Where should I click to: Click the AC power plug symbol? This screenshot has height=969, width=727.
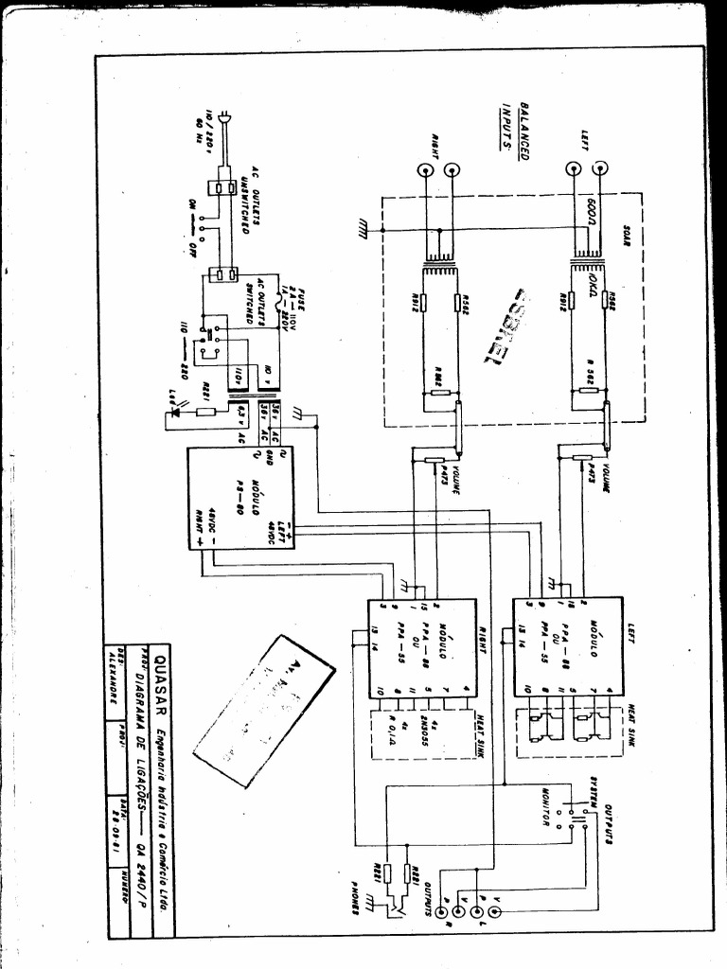[223, 117]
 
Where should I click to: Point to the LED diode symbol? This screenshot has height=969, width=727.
[173, 413]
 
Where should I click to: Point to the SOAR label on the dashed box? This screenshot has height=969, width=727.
[628, 235]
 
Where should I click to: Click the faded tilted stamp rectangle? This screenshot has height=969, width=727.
[263, 710]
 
